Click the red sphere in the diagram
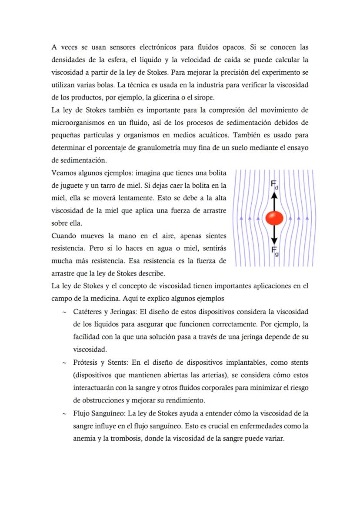(x=274, y=218)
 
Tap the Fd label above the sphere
(x=275, y=186)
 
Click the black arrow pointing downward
(x=274, y=235)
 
